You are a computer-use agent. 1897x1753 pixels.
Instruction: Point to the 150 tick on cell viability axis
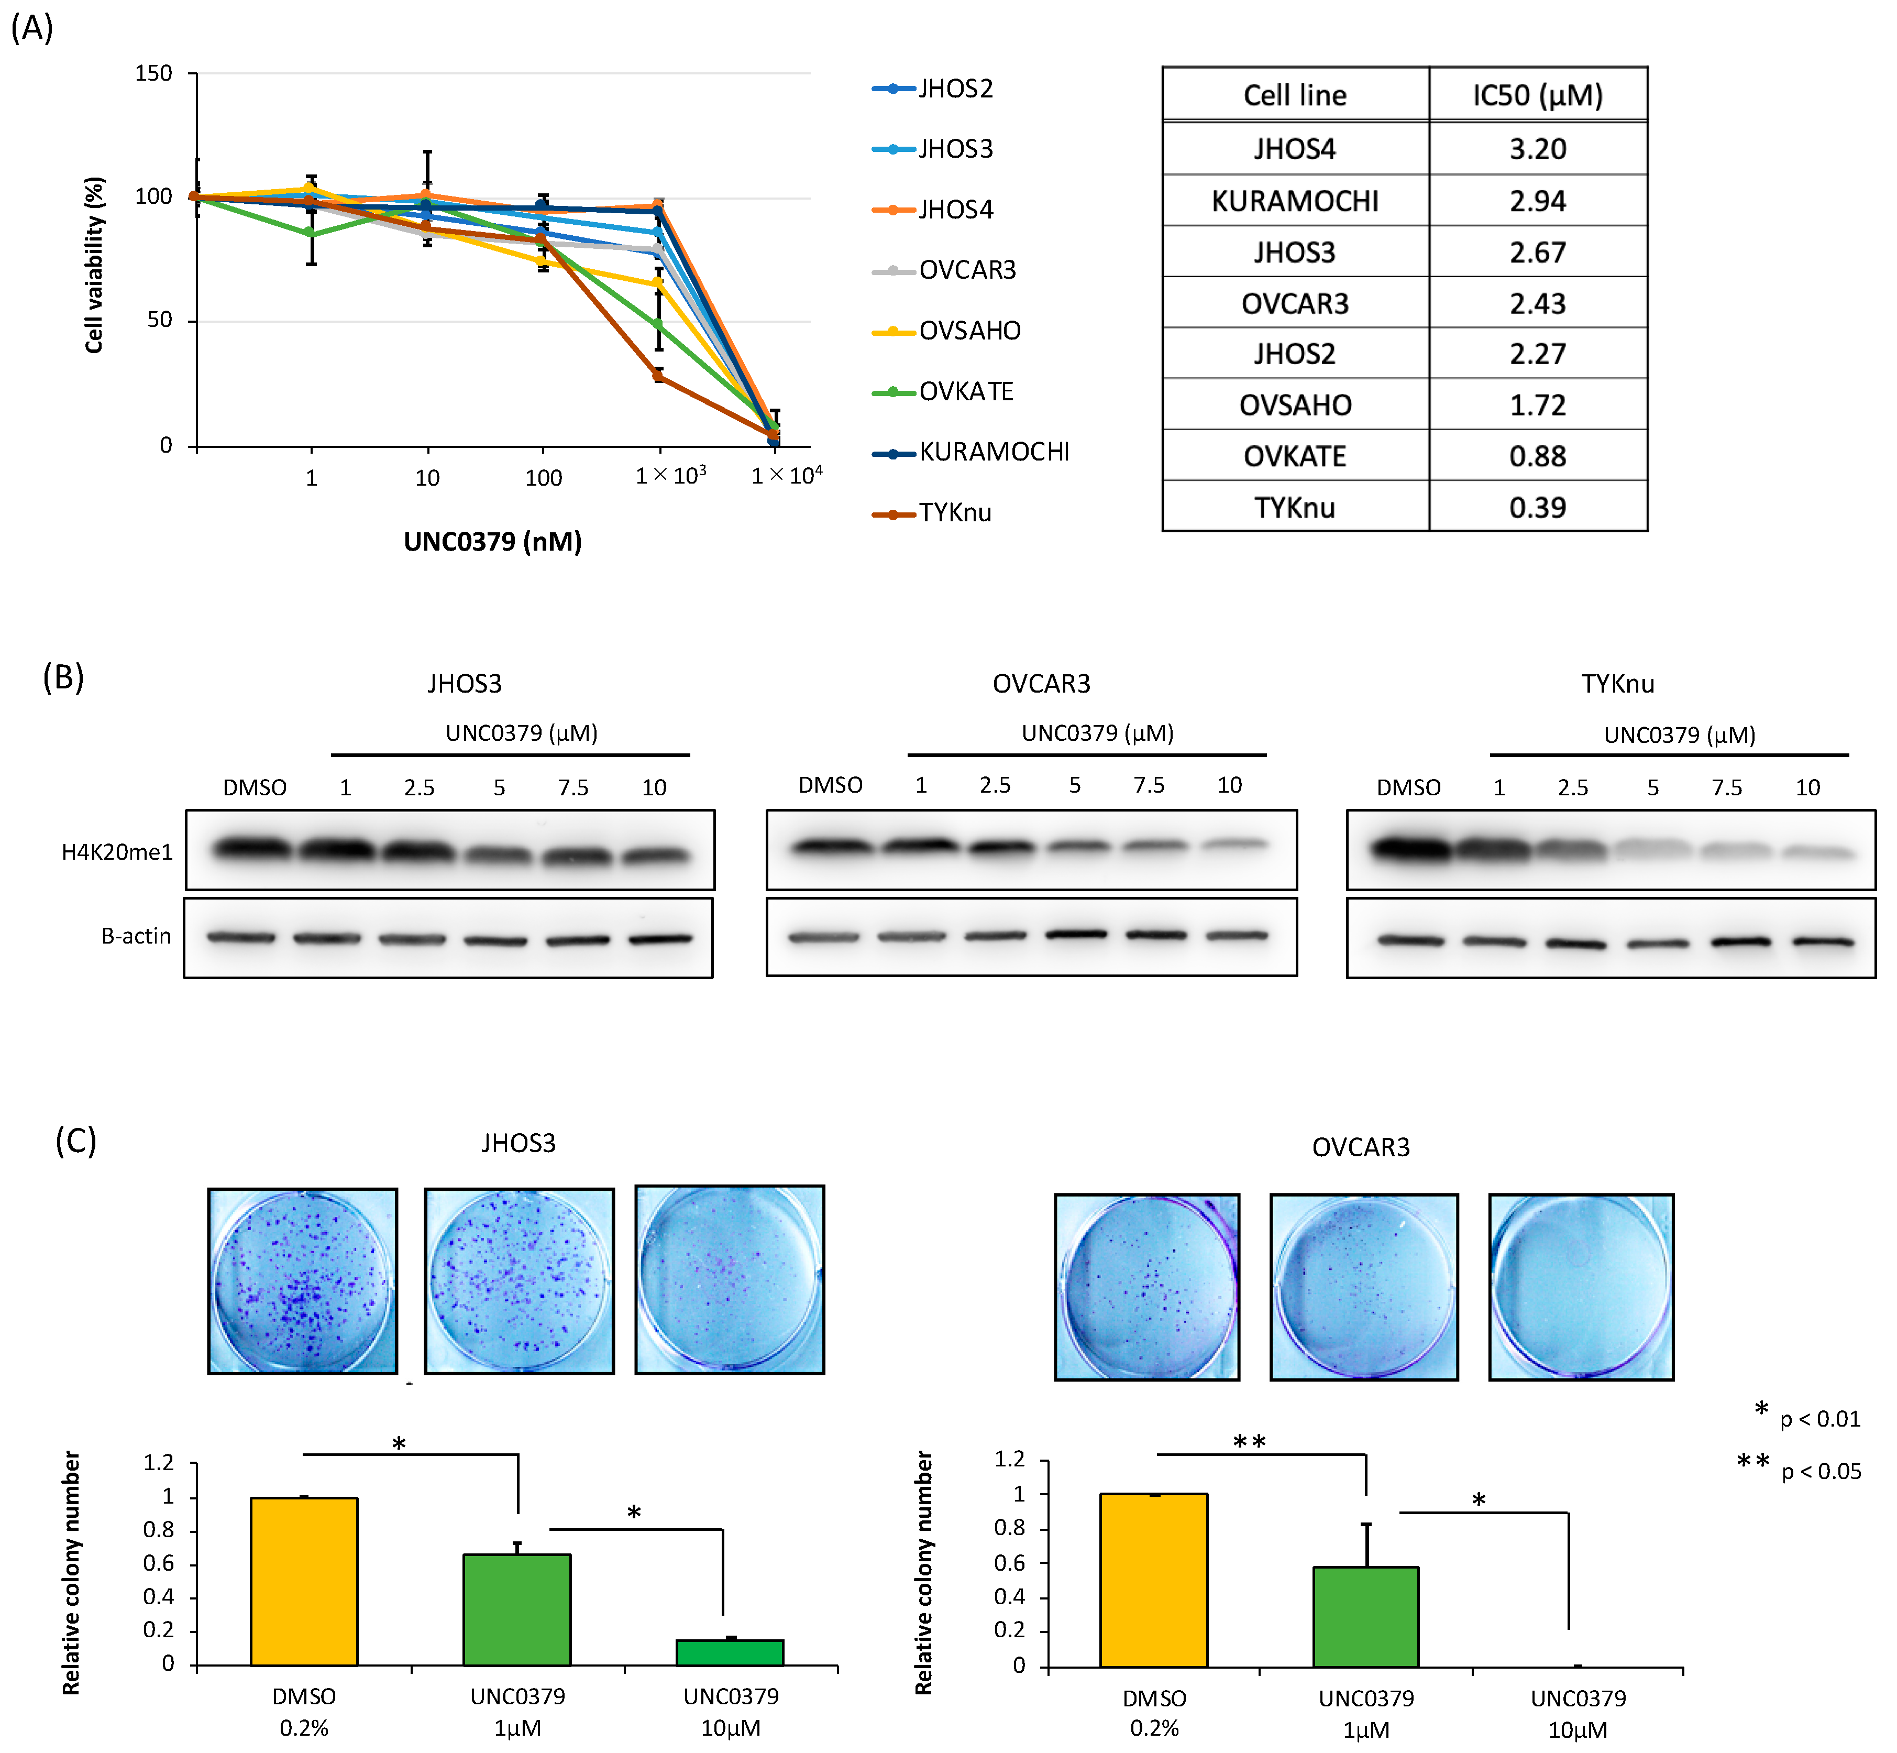pos(153,74)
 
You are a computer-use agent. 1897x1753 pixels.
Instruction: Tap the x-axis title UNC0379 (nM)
pos(492,542)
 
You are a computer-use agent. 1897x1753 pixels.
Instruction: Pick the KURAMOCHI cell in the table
pos(1295,201)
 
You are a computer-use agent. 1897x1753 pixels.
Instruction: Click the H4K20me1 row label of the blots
pos(117,852)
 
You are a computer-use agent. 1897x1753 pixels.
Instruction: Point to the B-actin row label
pos(136,936)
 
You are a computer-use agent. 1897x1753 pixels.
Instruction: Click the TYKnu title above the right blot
pos(1617,684)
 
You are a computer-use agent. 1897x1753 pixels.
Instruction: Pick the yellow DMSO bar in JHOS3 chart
pos(304,1581)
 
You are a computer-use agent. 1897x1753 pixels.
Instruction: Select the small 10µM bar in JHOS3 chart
pos(730,1652)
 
